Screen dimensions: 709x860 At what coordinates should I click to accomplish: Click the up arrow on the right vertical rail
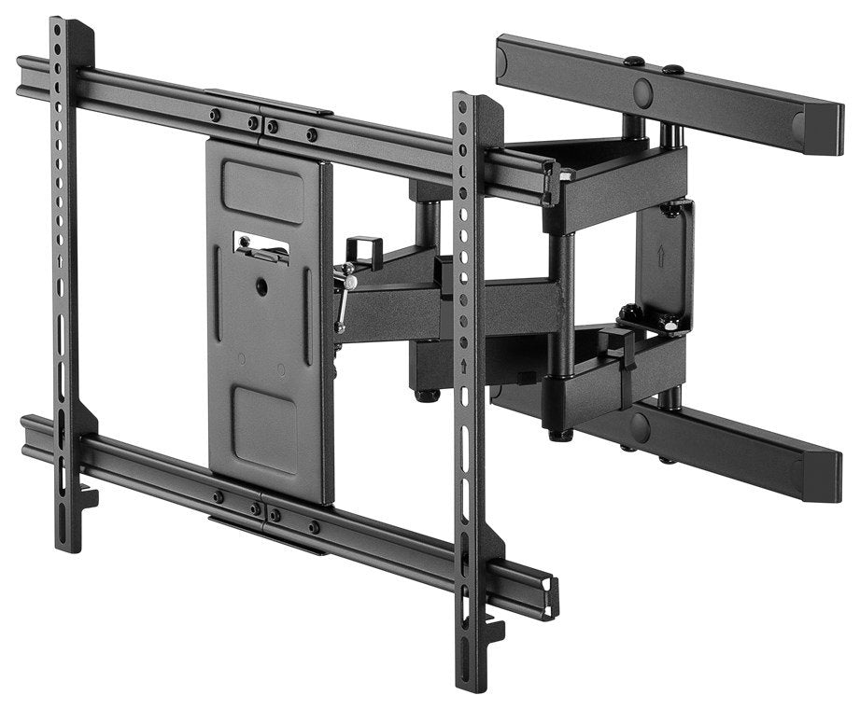pyautogui.click(x=463, y=366)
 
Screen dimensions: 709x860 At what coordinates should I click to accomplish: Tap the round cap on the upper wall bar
pyautogui.click(x=642, y=90)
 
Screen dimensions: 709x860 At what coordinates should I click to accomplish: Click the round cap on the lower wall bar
pyautogui.click(x=640, y=428)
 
